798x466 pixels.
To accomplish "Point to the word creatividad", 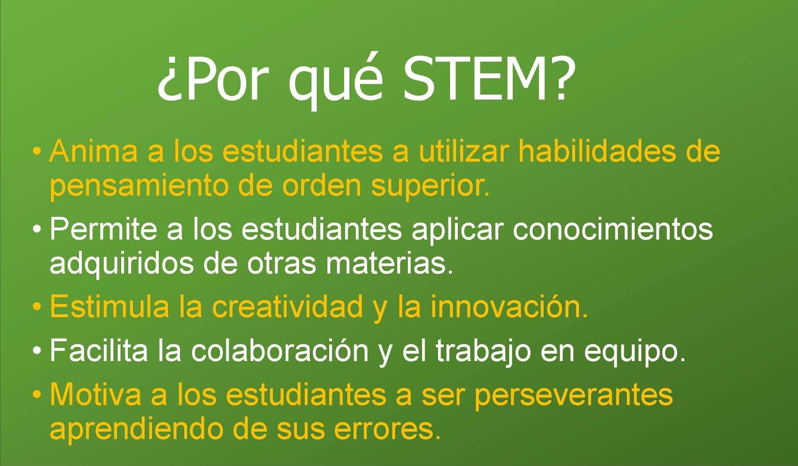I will pos(288,306).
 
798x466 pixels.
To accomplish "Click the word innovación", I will pos(509,306).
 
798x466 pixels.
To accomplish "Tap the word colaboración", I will pos(280,351).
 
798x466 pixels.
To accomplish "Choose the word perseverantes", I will pos(574,395).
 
